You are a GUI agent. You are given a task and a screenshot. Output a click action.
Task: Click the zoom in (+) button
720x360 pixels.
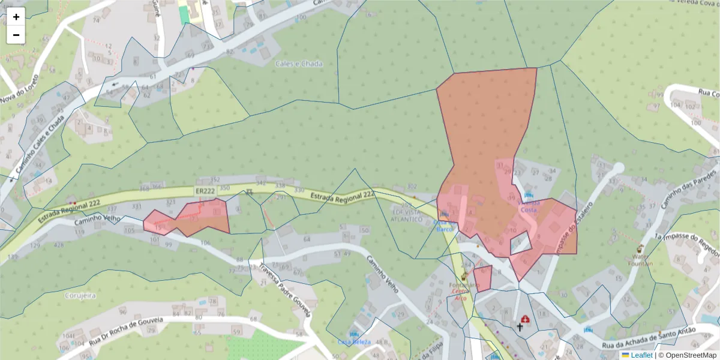[x=16, y=17]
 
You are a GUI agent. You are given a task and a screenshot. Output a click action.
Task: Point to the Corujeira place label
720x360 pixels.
[x=80, y=296]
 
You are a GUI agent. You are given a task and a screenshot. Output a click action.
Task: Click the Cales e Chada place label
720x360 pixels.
[x=299, y=64]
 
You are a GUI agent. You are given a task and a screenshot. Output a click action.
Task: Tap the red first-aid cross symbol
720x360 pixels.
[x=526, y=319]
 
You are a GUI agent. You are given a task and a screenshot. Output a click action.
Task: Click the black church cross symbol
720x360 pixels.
[x=520, y=327]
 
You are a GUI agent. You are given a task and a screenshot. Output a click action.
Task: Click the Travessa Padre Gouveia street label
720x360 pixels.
[x=284, y=290]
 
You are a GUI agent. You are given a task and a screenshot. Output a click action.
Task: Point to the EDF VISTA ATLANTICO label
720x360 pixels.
[x=407, y=216]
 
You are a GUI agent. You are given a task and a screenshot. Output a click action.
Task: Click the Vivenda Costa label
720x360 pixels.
[x=529, y=206]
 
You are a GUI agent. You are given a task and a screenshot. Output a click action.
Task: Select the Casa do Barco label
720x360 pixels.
[x=444, y=224]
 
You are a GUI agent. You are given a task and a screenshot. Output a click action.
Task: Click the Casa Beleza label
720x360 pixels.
[x=354, y=342]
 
